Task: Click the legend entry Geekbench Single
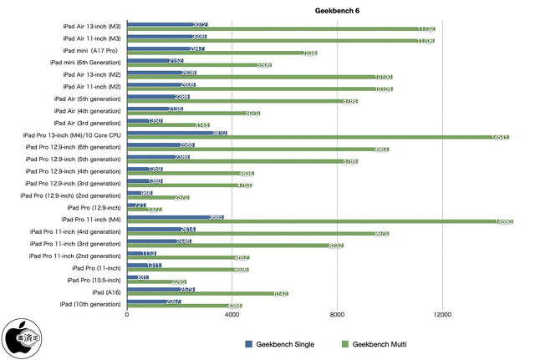click(279, 344)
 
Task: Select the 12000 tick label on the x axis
click(443, 315)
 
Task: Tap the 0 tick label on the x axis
click(127, 315)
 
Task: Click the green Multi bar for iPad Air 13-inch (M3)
click(281, 29)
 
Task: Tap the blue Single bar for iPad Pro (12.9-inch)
click(136, 205)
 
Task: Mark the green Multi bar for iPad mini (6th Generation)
click(200, 65)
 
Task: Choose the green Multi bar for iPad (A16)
click(207, 294)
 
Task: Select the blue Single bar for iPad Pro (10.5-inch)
click(138, 277)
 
